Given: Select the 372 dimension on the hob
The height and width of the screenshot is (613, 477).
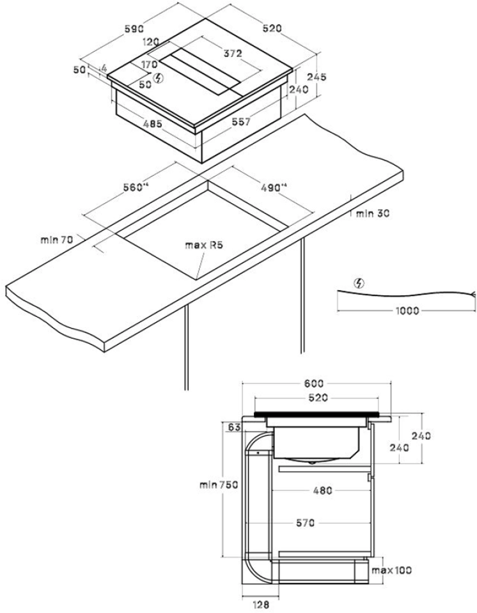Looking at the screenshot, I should (232, 54).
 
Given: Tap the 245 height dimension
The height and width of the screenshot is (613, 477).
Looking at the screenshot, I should (317, 77).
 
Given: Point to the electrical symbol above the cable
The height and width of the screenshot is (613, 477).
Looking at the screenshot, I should (359, 283).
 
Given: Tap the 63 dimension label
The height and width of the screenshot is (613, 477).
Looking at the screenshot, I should (233, 427).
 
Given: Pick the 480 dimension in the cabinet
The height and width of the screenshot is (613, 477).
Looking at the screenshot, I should (322, 491).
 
